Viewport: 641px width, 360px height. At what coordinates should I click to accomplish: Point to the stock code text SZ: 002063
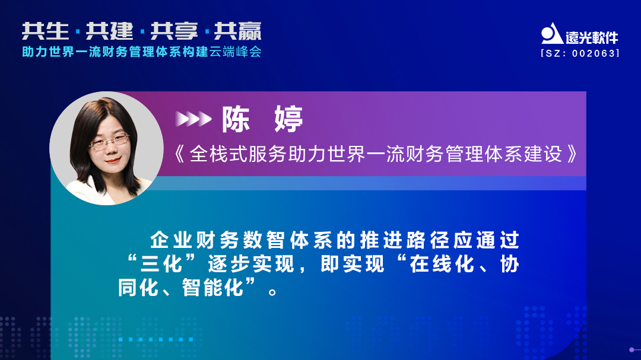580,53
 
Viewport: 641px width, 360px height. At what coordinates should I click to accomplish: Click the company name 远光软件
592,37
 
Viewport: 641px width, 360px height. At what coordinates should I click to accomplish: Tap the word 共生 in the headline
43,31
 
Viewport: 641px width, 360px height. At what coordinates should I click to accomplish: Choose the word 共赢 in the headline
237,31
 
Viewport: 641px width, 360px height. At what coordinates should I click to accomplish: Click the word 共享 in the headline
173,31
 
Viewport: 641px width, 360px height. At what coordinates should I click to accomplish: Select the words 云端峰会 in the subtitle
236,52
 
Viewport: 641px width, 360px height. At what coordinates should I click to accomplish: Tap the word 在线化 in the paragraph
442,265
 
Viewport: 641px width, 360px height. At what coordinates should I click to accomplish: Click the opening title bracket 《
180,154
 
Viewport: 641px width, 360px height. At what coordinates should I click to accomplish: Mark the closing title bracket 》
572,154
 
